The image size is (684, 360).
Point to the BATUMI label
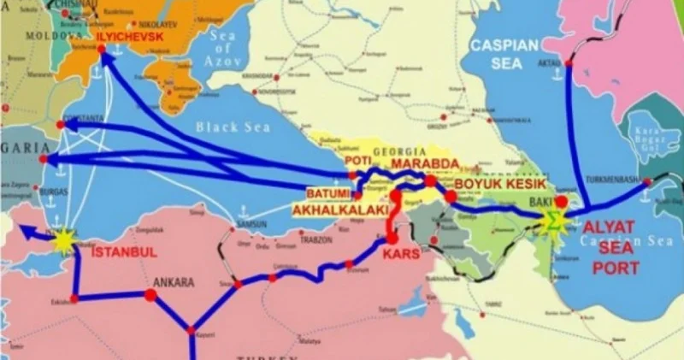[x=327, y=193]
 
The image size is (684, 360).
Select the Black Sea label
[x=227, y=127]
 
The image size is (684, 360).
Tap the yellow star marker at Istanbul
[x=62, y=242]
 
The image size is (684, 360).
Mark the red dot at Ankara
[x=150, y=295]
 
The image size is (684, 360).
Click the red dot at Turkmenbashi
[x=647, y=181]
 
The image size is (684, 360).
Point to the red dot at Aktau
[x=568, y=62]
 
